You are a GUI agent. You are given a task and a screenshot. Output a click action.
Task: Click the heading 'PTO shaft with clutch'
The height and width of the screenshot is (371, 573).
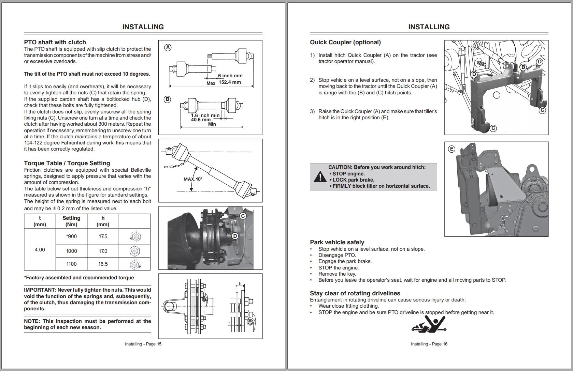pos(55,42)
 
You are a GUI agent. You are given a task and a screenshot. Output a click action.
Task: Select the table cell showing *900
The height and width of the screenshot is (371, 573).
pos(71,236)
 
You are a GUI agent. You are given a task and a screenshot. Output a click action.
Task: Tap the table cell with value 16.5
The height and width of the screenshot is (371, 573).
pos(103,264)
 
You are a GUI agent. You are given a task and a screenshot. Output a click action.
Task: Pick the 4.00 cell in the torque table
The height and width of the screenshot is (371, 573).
pos(40,250)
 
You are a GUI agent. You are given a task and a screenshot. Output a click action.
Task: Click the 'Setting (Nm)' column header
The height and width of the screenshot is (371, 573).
pos(71,221)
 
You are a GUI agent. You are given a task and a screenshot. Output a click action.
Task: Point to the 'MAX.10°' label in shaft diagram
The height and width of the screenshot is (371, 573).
pos(193,179)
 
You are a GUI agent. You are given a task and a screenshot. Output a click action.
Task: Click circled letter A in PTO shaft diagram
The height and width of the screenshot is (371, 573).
pos(168,48)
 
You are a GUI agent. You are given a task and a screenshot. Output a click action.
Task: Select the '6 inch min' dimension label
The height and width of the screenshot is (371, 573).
pos(230,76)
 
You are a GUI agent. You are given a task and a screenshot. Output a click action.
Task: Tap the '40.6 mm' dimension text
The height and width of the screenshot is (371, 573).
pos(201,120)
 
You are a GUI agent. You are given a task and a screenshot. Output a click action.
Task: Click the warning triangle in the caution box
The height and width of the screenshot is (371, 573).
pos(320,177)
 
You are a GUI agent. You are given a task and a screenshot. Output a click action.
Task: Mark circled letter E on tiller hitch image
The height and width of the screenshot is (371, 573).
pos(452,149)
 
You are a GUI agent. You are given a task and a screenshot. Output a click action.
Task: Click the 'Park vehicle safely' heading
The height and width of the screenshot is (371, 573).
pos(337,242)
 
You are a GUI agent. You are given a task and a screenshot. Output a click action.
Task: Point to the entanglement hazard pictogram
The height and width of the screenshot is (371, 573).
pos(429,324)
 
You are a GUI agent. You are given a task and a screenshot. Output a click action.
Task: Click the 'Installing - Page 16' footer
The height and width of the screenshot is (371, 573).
pos(429,344)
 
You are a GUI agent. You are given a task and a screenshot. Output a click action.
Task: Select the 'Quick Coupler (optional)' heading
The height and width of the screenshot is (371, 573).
pos(345,42)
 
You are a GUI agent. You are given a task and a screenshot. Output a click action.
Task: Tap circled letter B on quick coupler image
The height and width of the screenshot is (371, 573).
pos(523,67)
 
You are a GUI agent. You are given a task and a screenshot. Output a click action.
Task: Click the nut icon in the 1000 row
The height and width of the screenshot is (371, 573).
pos(135,251)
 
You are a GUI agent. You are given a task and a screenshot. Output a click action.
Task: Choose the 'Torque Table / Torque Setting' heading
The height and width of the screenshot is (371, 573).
pos(67,163)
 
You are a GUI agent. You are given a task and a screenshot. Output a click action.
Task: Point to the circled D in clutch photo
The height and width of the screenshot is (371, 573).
pos(235,236)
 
